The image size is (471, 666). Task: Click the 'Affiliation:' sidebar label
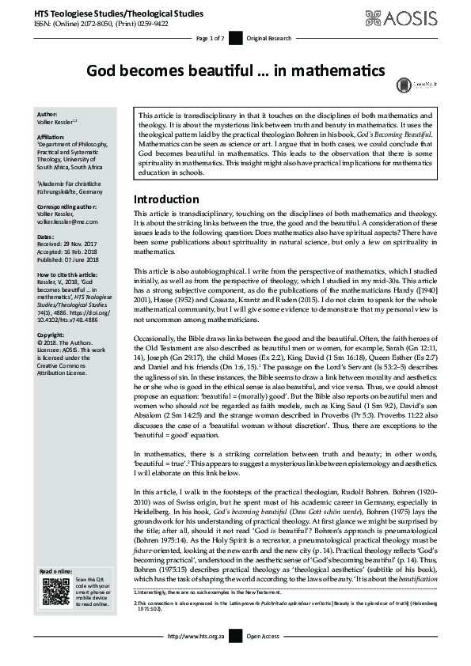54,136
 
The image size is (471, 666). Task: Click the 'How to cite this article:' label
72,274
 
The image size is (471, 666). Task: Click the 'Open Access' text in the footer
263,657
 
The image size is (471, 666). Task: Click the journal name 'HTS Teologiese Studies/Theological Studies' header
118,13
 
